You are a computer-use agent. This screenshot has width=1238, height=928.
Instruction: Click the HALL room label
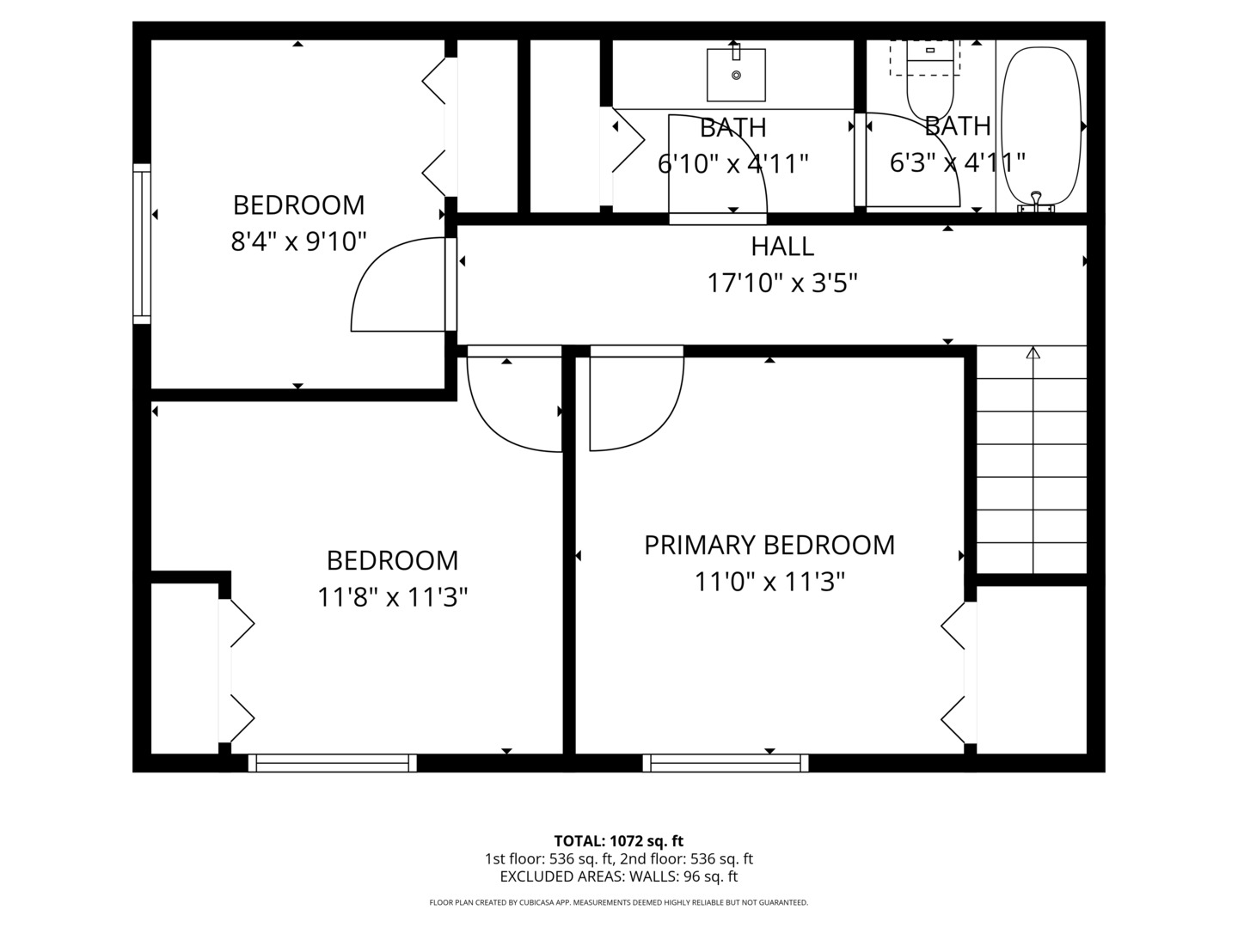point(781,247)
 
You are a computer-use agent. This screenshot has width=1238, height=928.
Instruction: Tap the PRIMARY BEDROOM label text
point(769,545)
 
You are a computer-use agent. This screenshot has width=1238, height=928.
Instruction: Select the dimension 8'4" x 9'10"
point(298,241)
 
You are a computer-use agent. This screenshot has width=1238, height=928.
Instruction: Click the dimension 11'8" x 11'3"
point(392,596)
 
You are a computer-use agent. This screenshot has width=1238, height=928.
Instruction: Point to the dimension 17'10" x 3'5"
point(781,283)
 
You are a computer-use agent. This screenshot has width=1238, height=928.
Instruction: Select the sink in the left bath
point(736,75)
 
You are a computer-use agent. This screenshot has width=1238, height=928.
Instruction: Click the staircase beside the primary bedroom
point(1032,464)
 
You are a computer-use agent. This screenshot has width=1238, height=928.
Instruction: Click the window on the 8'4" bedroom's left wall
point(142,243)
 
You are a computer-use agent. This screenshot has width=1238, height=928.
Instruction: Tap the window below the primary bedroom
point(726,762)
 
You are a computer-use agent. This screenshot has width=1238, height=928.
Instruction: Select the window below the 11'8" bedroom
point(332,762)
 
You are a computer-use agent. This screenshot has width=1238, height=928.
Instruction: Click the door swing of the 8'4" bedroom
point(395,288)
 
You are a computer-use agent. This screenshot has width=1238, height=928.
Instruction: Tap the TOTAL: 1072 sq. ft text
point(618,840)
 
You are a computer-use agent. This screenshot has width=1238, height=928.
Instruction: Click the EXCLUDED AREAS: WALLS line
point(618,876)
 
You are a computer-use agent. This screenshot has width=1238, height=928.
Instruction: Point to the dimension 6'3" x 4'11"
point(957,162)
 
